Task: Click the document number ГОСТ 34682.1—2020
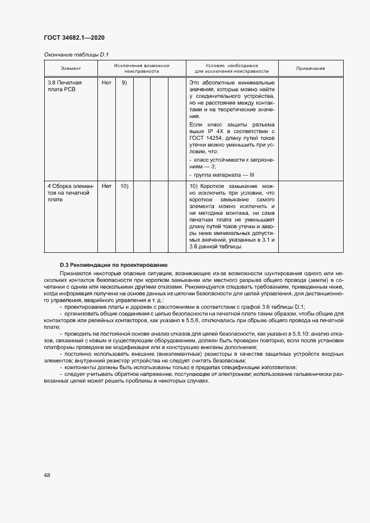point(74,37)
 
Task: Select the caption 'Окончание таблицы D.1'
point(75,55)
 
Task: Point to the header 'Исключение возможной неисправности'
point(142,68)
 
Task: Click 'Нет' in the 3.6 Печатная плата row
point(106,83)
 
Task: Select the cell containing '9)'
point(124,83)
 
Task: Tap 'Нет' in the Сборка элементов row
point(106,186)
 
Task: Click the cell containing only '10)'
point(124,186)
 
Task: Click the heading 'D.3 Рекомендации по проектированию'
point(103,264)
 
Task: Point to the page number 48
point(47,475)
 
